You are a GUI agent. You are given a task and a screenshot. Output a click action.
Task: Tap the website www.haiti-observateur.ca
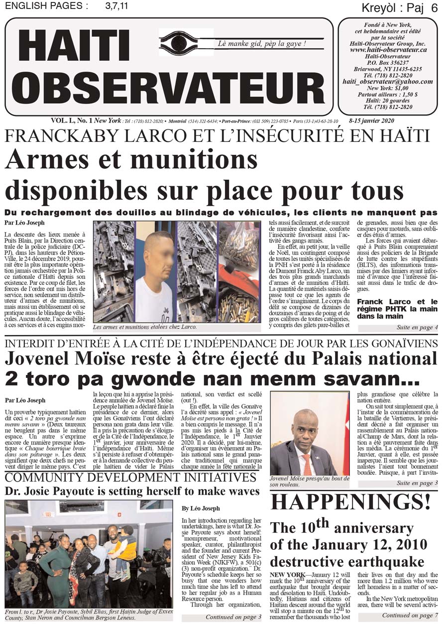coord(388,50)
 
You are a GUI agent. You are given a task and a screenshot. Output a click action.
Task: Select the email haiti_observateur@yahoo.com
coord(388,82)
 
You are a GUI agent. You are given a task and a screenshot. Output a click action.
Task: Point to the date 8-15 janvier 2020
coord(371,121)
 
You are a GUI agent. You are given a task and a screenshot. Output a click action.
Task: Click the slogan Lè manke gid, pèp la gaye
coord(262,44)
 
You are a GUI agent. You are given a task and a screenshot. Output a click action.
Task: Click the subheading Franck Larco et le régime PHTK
coord(397,308)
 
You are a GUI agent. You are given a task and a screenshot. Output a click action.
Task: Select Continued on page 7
coord(410,616)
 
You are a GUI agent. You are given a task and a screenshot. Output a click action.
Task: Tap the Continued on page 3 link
coord(233,617)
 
